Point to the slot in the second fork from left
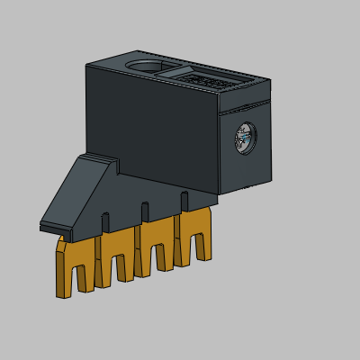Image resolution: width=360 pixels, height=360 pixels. point(119,268)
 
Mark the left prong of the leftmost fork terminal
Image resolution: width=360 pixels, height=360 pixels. point(62,274)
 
